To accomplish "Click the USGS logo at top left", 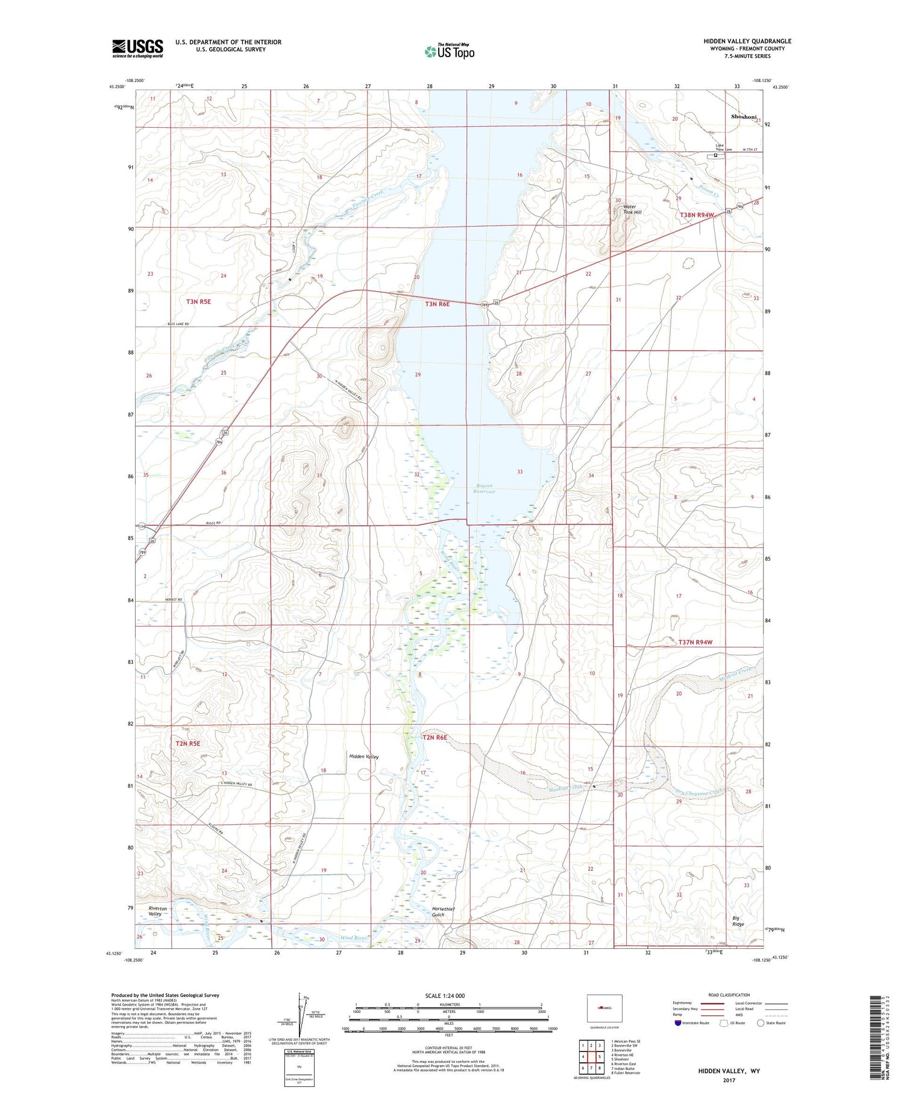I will point(137,48).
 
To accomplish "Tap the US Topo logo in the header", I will point(450,52).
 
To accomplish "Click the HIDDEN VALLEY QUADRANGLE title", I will point(747,41).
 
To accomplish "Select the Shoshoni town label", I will point(743,117).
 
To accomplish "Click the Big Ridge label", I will point(739,921).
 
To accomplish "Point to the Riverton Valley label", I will point(158,911).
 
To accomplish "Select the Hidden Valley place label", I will point(364,756).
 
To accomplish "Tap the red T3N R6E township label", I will point(438,304).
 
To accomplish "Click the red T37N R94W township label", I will point(695,642).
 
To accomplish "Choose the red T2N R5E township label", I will point(187,743).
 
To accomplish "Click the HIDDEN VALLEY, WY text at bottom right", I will point(729,1071).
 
